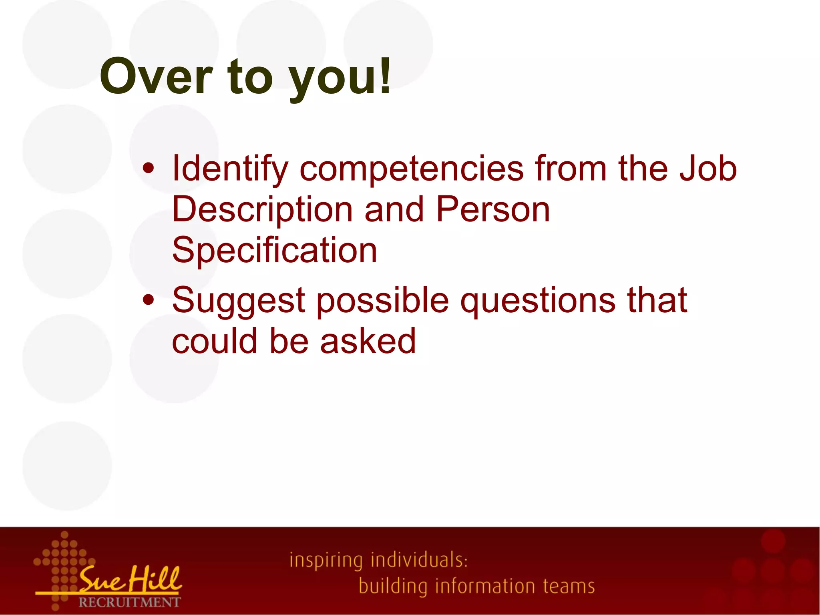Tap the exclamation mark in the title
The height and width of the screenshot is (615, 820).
pyautogui.click(x=385, y=75)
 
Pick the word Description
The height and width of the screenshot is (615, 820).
pyautogui.click(x=262, y=210)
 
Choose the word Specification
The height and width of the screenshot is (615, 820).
pyautogui.click(x=275, y=251)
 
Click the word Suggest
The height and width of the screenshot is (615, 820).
pyautogui.click(x=239, y=301)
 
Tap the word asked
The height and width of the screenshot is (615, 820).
pyautogui.click(x=368, y=341)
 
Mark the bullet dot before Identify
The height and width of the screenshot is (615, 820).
pyautogui.click(x=148, y=169)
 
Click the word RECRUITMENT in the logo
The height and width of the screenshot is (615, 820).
pyautogui.click(x=129, y=602)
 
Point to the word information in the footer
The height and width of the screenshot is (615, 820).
pyautogui.click(x=485, y=586)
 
